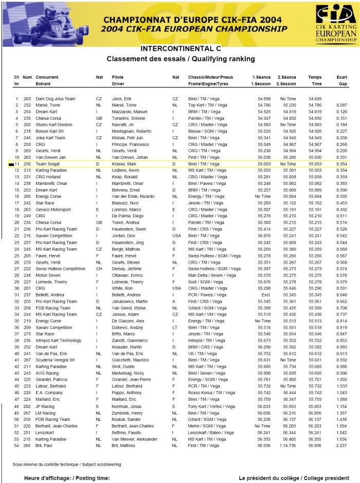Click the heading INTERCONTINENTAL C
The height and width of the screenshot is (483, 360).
pos(181,48)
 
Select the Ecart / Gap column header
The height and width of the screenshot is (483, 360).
pos(342,80)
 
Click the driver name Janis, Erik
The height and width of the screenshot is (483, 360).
pos(122,99)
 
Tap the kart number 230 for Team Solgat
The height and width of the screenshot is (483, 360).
pos(27,163)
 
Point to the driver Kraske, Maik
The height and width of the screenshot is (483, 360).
pos(124,163)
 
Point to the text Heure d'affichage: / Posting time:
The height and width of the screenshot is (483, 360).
pos(67,478)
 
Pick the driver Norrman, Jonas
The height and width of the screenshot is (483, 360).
pos(126,392)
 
